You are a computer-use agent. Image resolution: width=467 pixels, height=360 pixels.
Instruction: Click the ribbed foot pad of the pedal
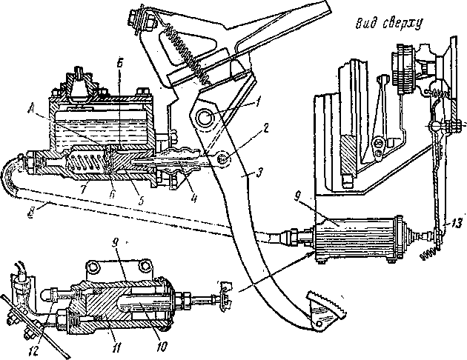tap(319, 310)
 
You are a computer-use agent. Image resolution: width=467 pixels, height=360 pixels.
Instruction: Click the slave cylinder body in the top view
tap(356, 241)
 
